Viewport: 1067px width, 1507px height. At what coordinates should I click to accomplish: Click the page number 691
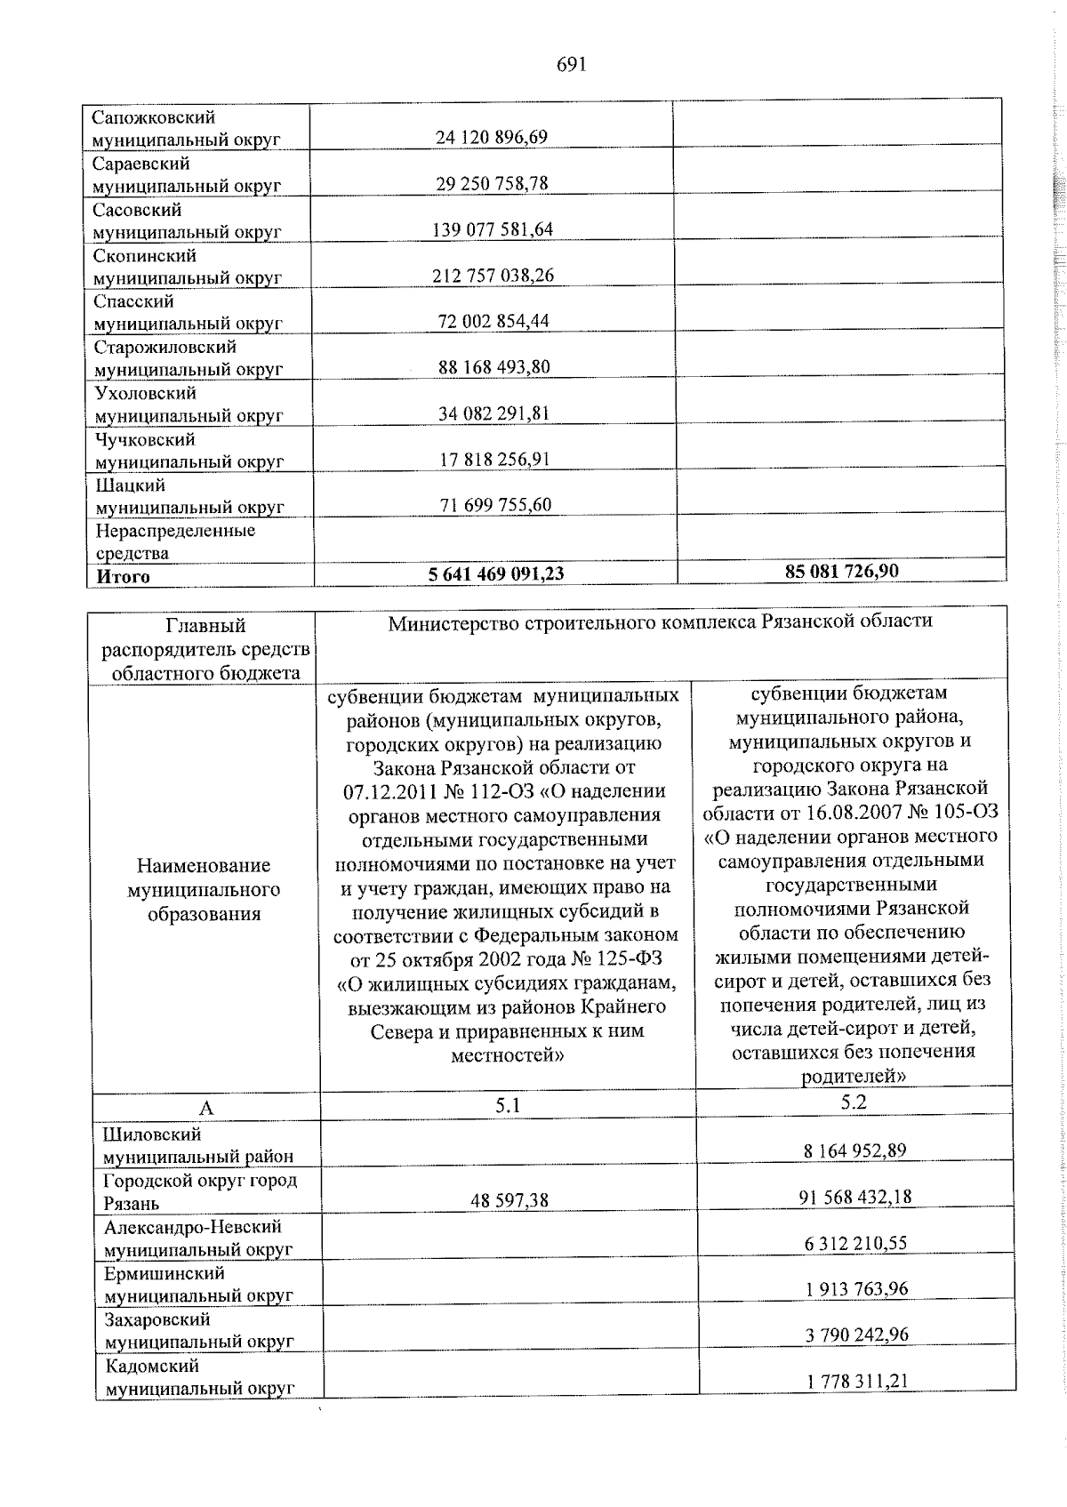[573, 65]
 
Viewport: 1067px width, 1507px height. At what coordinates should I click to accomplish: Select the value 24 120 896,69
[492, 137]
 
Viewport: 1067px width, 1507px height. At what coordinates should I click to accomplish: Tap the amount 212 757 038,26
[493, 276]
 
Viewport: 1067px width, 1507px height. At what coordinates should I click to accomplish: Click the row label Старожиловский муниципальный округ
[189, 358]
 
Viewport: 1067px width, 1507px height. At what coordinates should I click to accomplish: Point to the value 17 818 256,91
[494, 460]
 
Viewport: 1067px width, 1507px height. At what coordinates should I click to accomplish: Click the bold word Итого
[124, 576]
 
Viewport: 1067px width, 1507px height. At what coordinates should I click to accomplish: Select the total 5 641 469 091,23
[496, 574]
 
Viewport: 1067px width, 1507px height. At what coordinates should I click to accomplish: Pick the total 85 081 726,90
[841, 570]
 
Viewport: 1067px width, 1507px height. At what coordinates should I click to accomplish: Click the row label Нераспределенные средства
[175, 541]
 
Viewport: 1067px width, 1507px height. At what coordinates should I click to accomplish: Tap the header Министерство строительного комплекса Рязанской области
[660, 621]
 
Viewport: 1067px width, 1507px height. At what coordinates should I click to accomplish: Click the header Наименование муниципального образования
[205, 889]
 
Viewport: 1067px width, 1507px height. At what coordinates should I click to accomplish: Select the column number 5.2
[854, 1102]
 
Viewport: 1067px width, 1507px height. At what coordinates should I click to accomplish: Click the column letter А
[206, 1108]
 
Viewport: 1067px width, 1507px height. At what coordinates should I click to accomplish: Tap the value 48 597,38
[509, 1200]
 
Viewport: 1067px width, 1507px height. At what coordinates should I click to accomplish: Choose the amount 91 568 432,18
[855, 1197]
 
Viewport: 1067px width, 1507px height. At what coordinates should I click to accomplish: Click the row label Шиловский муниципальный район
[198, 1145]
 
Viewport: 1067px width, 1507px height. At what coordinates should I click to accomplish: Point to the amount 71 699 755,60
[495, 506]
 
